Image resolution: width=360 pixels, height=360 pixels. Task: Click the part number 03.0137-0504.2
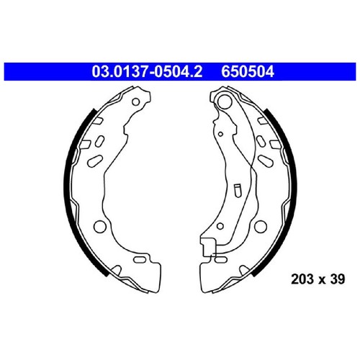(x=147, y=71)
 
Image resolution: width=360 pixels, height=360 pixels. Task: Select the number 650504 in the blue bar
(x=248, y=71)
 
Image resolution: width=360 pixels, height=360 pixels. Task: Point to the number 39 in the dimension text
(x=338, y=279)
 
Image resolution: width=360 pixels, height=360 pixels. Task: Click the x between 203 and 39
(x=322, y=280)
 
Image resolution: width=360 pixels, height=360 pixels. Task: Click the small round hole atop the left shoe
(x=136, y=102)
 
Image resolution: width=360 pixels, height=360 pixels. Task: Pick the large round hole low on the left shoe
(x=100, y=226)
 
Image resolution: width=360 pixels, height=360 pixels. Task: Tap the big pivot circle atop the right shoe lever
(x=224, y=101)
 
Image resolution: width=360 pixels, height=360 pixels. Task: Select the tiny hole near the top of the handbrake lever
(x=220, y=134)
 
